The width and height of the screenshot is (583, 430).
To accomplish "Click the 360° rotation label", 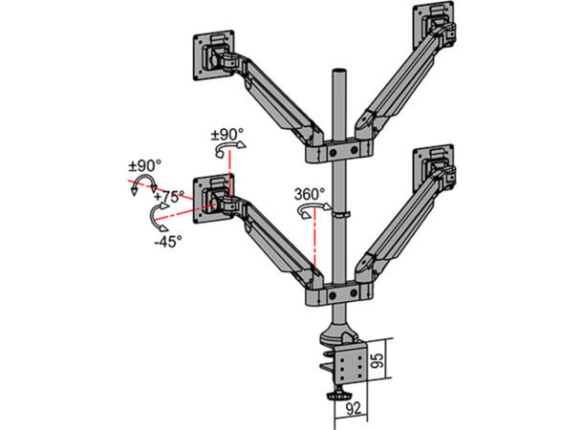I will click(x=310, y=193).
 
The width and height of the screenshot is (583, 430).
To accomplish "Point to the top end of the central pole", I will click(x=337, y=73).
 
